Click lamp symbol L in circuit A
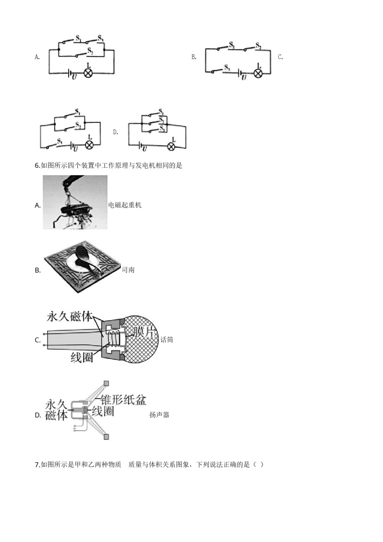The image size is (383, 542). click(88, 73)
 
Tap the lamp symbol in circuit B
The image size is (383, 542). click(258, 73)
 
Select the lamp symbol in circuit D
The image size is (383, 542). click(171, 146)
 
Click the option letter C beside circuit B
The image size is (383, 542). click(280, 57)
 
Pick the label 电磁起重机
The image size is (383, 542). click(125, 205)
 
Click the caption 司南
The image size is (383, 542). click(128, 270)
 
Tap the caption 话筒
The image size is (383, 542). click(167, 340)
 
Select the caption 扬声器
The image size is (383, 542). click(159, 415)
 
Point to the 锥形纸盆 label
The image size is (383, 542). click(123, 400)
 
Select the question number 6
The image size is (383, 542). click(37, 165)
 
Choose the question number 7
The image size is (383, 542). click(37, 464)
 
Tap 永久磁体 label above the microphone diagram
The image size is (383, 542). click(70, 316)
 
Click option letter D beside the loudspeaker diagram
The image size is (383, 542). click(38, 415)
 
